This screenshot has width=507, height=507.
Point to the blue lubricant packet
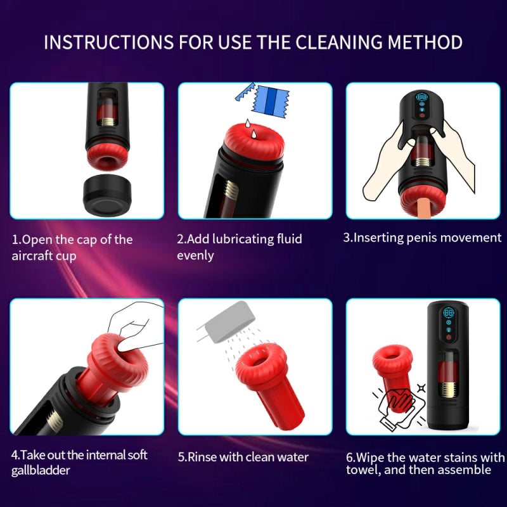click(262, 99)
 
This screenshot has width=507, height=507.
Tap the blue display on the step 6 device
click(449, 314)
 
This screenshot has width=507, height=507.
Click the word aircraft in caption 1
click(34, 255)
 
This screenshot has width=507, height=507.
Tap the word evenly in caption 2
click(195, 255)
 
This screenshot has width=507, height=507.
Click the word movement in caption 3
click(473, 238)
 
